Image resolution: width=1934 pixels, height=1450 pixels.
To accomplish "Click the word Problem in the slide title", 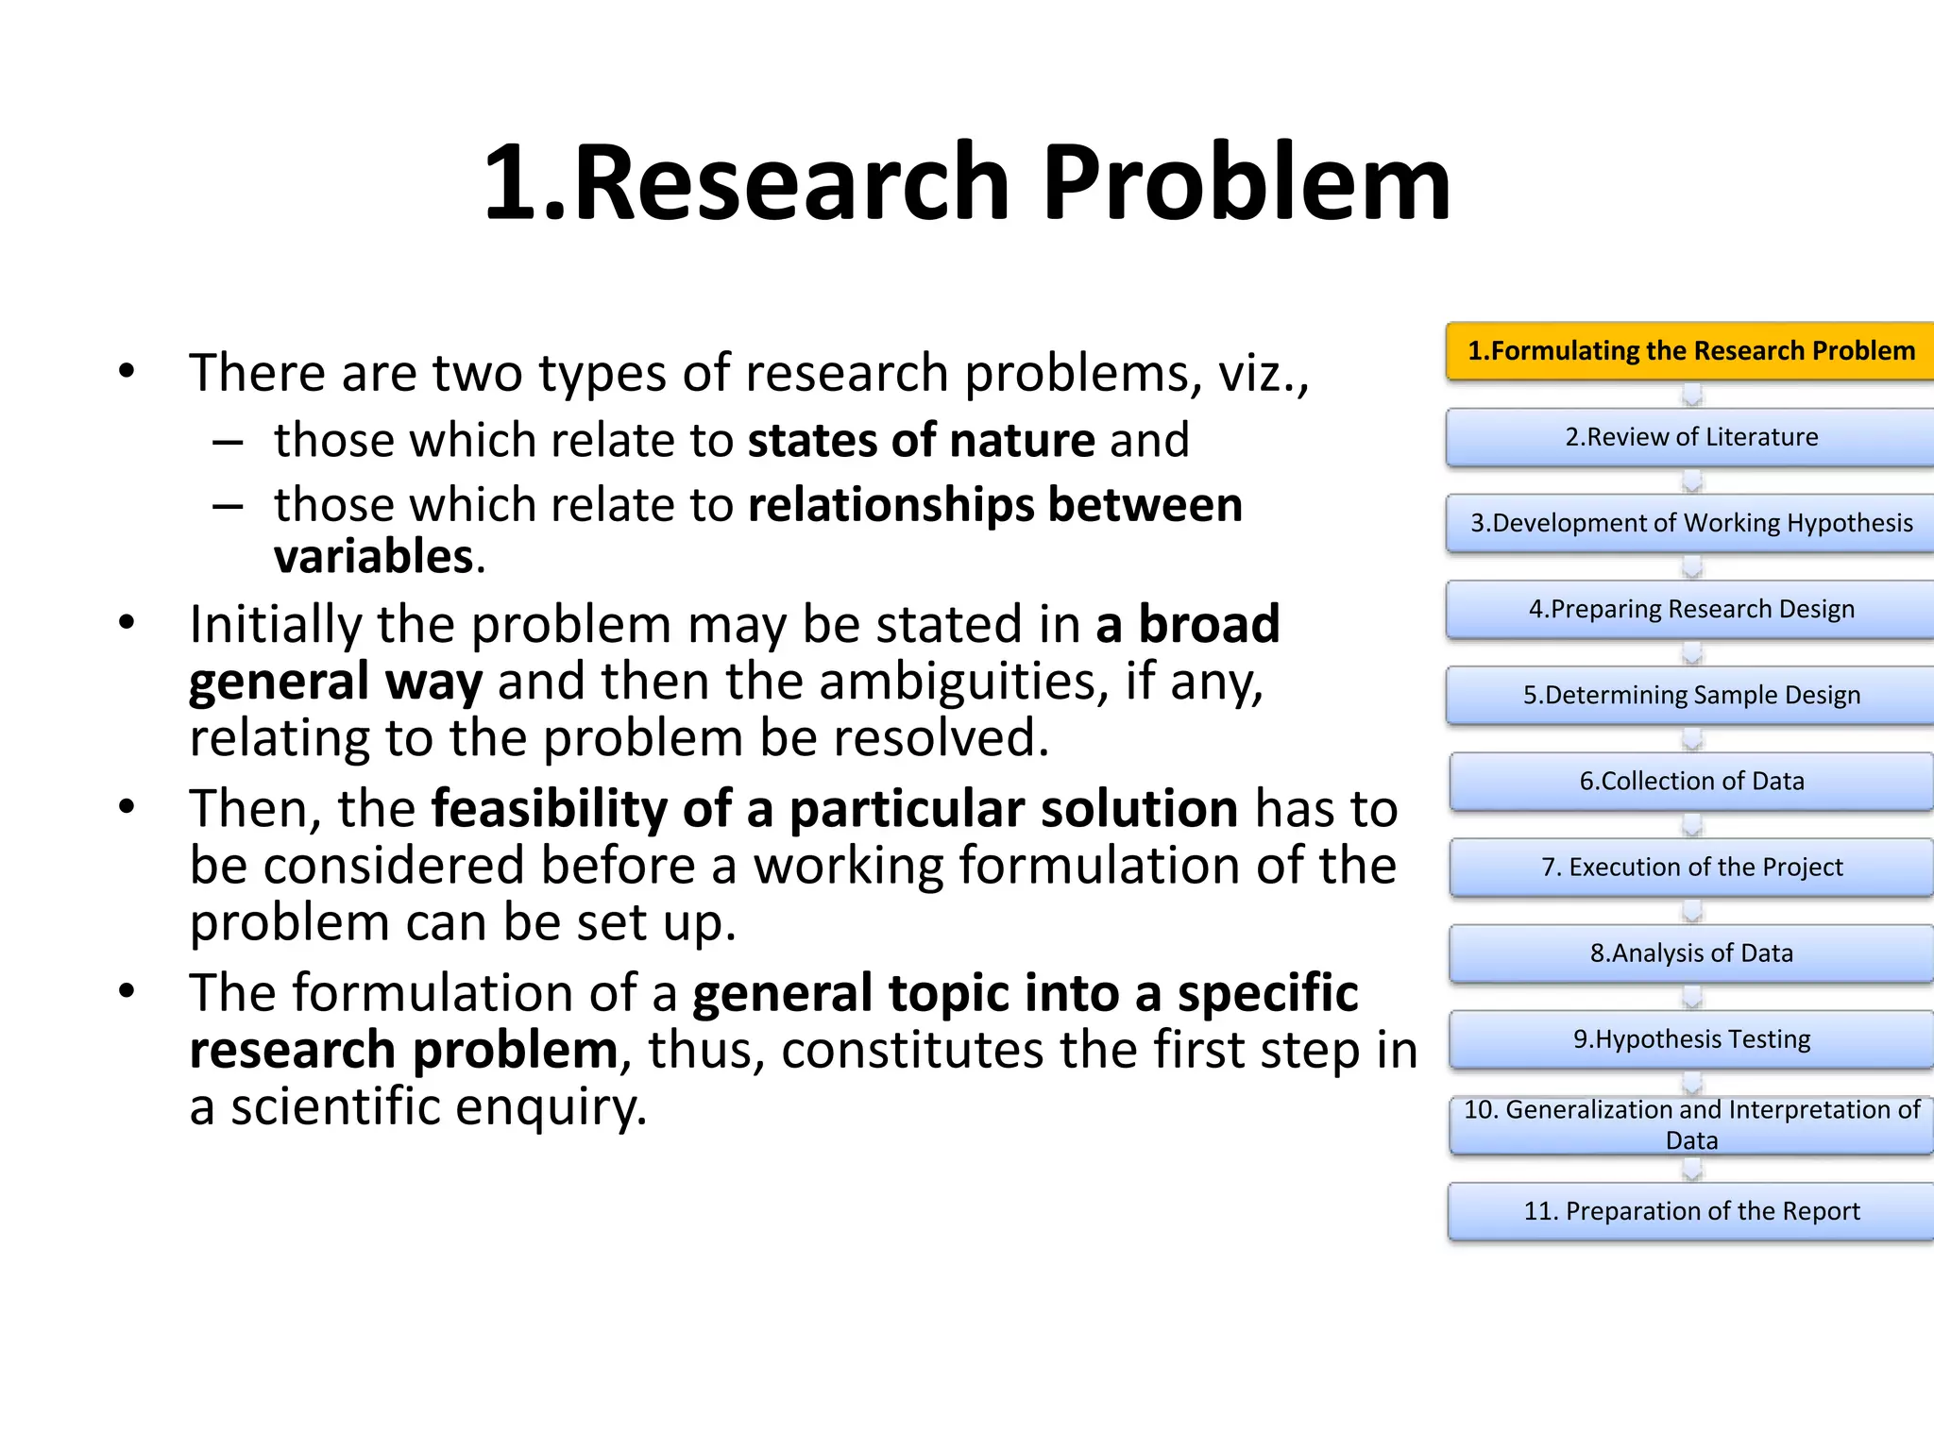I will tap(1247, 183).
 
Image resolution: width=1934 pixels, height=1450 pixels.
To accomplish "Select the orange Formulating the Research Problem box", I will tap(1690, 351).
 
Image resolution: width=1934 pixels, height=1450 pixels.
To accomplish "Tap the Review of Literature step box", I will tap(1690, 437).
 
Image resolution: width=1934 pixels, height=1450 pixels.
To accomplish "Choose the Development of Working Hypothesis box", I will tap(1690, 523).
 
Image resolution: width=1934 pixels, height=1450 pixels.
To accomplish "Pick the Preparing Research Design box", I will tap(1690, 609).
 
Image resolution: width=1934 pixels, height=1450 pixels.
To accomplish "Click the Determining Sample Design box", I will tap(1690, 695).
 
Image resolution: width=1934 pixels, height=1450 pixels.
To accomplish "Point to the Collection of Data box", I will tap(1690, 781).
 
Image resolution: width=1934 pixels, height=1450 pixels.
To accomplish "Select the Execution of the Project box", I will tap(1690, 867).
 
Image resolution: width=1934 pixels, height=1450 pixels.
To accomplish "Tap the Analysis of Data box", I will tap(1690, 953).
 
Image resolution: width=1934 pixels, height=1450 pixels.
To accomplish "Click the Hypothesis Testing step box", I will tap(1690, 1038).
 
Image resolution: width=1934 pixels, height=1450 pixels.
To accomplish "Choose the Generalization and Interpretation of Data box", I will tap(1690, 1124).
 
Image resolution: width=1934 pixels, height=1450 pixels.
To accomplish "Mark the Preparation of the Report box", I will tap(1690, 1211).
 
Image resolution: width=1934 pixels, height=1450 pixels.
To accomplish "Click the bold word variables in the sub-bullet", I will tap(374, 556).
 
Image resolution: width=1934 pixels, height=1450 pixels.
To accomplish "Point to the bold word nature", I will tap(1022, 441).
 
